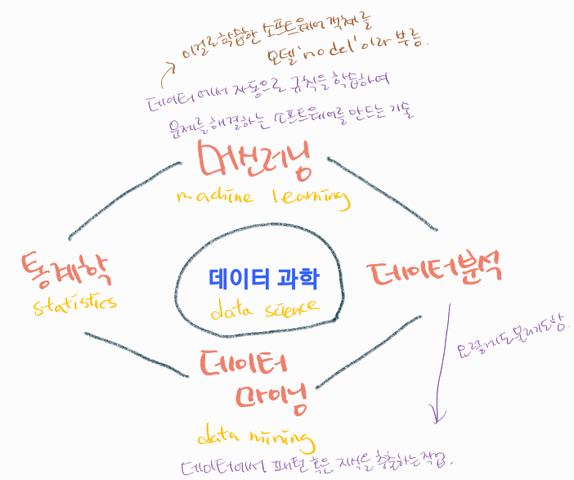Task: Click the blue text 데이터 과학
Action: [263, 278]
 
